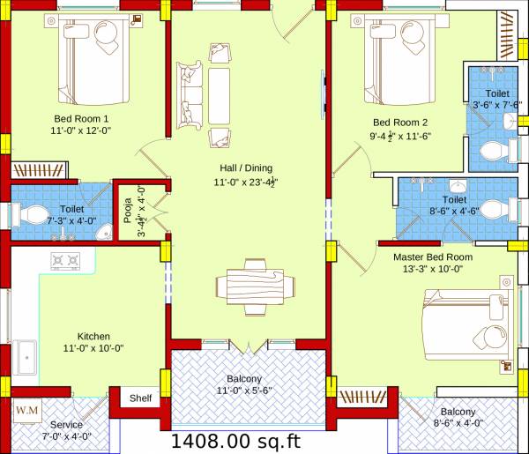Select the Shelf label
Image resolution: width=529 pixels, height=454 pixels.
coord(141,398)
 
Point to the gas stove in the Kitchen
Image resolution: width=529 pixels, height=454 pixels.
coord(66,260)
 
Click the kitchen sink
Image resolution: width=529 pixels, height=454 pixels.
coord(24,358)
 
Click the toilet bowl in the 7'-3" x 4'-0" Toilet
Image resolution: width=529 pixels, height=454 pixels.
coord(32,212)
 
